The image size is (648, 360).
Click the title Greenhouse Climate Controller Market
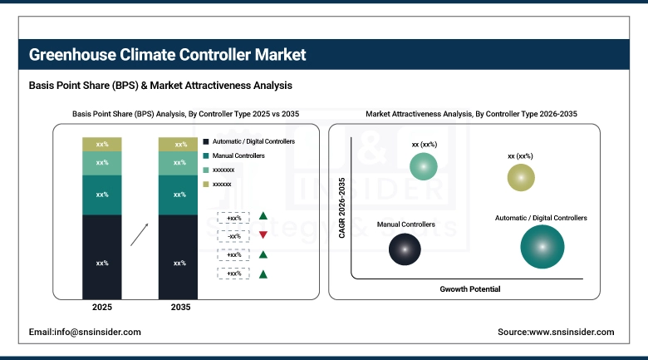[167, 55]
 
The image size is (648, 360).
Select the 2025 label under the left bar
[102, 308]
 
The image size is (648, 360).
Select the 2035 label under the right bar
[179, 308]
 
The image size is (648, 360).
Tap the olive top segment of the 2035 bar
[179, 145]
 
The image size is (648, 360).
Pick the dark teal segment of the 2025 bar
[102, 195]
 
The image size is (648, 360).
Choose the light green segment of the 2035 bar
[179, 163]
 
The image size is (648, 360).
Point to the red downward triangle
[263, 235]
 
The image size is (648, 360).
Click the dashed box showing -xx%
[234, 235]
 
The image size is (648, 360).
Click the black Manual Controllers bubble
[404, 249]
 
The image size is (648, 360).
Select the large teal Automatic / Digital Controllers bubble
[541, 247]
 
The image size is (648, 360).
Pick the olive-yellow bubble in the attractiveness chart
[520, 177]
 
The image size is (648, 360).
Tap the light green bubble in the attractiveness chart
[424, 166]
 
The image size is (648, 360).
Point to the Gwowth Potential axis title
[470, 288]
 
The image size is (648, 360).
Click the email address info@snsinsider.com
[85, 332]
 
